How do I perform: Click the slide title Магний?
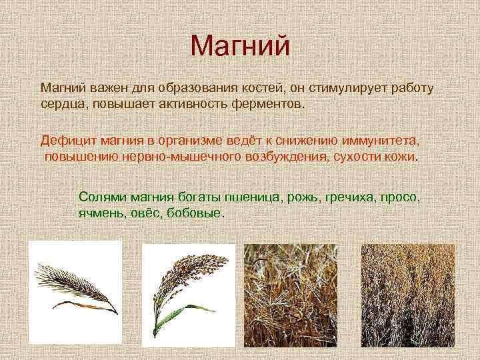pyautogui.click(x=240, y=46)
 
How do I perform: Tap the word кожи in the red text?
pyautogui.click(x=400, y=157)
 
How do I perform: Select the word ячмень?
pyautogui.click(x=99, y=213)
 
